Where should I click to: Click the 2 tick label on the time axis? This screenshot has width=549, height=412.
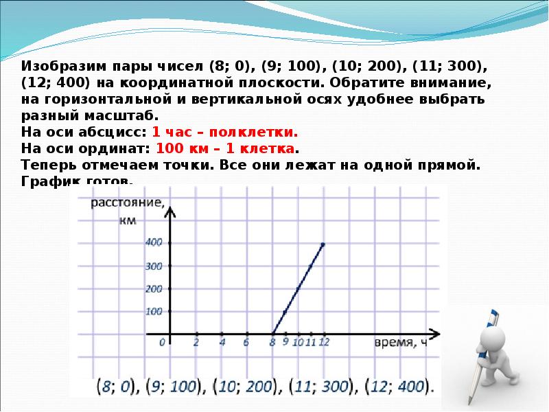[x=196, y=342]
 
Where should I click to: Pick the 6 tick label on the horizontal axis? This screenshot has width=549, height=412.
[x=246, y=342]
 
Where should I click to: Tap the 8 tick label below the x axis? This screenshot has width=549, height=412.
[x=272, y=342]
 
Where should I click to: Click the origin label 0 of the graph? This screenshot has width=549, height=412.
[x=163, y=342]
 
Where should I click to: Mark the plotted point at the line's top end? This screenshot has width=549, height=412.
[x=323, y=244]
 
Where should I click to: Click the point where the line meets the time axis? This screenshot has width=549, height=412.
[x=272, y=334]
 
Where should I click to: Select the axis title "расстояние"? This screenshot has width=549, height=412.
[x=128, y=203]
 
